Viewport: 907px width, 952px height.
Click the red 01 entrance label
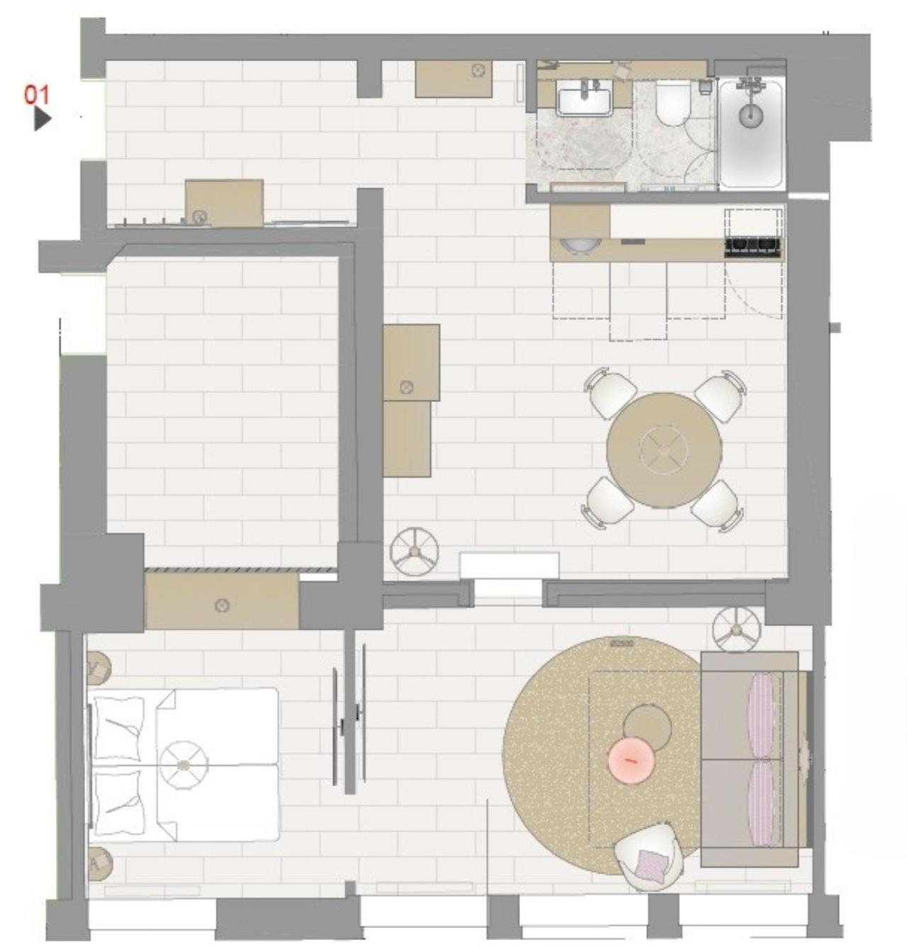coord(38,94)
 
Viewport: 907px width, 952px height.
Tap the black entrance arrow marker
coord(42,118)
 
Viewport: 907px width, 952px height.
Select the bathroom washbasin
coord(585,98)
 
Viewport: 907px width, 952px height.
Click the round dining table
coord(664,449)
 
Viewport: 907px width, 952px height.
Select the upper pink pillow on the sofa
coord(761,714)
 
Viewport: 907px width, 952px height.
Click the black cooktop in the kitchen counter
coord(753,245)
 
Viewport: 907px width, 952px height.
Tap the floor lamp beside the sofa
coord(736,629)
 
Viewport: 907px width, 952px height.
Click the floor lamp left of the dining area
coord(414,550)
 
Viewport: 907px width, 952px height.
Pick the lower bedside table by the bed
coord(99,862)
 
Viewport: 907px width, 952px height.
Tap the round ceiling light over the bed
coord(184,765)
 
